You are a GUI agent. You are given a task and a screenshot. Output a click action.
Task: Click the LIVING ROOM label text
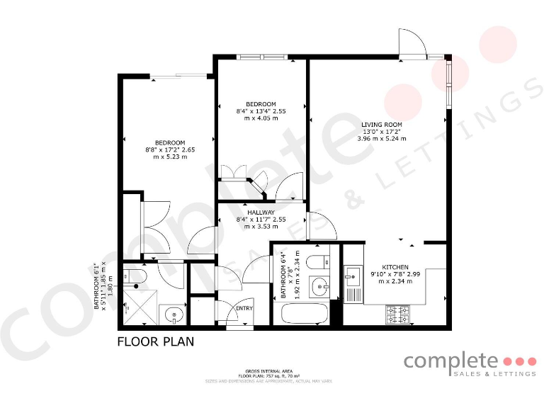pyautogui.click(x=382, y=125)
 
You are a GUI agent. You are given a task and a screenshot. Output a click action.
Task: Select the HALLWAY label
pyautogui.click(x=261, y=212)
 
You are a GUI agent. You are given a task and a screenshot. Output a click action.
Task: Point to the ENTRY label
pyautogui.click(x=244, y=308)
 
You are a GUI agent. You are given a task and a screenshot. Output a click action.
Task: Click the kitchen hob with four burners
pyautogui.click(x=398, y=313)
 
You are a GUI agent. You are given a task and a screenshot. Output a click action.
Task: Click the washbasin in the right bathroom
pyautogui.click(x=321, y=287)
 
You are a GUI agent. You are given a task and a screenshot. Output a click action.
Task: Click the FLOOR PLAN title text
pyautogui.click(x=155, y=341)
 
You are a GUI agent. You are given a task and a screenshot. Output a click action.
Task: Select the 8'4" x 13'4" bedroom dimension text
pyautogui.click(x=261, y=115)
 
